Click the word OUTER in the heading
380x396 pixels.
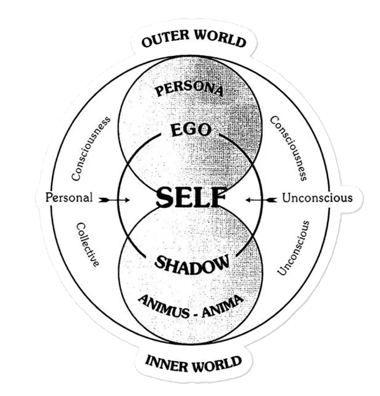point(166,39)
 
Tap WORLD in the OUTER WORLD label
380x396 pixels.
point(220,39)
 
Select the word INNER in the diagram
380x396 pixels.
point(167,364)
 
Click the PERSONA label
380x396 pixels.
point(189,90)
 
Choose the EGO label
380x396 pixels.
point(191,130)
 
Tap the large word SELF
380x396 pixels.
point(191,197)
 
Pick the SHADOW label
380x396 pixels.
point(192,265)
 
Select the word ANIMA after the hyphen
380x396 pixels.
point(223,306)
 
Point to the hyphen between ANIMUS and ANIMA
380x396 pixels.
point(196,315)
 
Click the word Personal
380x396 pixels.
point(69,197)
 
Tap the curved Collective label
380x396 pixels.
point(88,244)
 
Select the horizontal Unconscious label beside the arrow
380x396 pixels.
point(317,198)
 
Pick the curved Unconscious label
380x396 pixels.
point(294,248)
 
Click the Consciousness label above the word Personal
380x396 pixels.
point(91,148)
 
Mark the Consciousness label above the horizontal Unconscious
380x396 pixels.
point(288,148)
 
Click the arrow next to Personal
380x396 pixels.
point(114,200)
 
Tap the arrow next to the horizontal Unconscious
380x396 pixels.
point(261,200)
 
